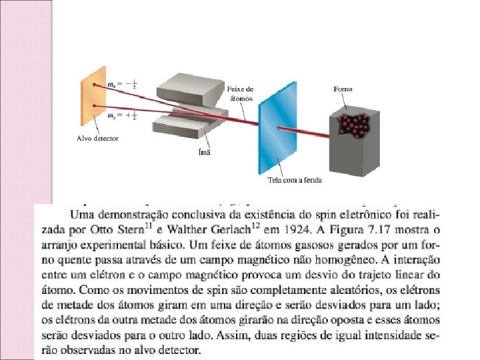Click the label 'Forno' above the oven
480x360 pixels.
[343, 89]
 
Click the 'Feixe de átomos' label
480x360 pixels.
[240, 93]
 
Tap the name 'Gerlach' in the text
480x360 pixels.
[213, 230]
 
